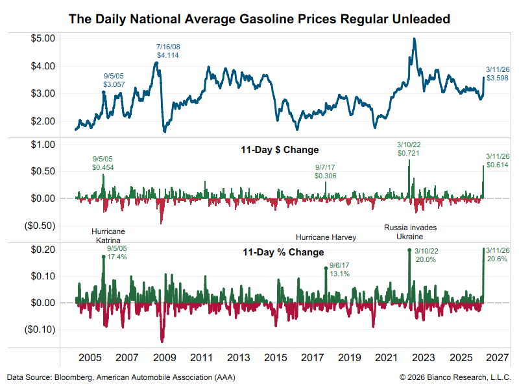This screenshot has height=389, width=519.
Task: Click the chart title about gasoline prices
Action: pos(259,19)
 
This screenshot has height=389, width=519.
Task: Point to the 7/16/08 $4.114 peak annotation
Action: pos(167,51)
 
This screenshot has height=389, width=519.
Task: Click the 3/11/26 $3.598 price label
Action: pos(497,73)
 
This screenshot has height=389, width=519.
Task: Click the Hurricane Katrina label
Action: pos(108,236)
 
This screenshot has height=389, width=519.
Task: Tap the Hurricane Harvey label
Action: pos(326,237)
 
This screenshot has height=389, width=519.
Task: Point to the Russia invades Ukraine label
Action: pos(411,232)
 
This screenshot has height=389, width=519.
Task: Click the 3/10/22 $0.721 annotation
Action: pos(409,149)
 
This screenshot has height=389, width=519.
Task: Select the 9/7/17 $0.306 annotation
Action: pos(326,171)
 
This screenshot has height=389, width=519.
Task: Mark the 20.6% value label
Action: pos(497,259)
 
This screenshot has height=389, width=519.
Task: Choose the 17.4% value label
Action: pos(117,257)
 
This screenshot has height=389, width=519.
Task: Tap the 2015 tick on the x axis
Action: pos(276,357)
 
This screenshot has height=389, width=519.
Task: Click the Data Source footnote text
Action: pos(121,377)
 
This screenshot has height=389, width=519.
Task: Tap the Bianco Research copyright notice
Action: pos(455,377)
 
